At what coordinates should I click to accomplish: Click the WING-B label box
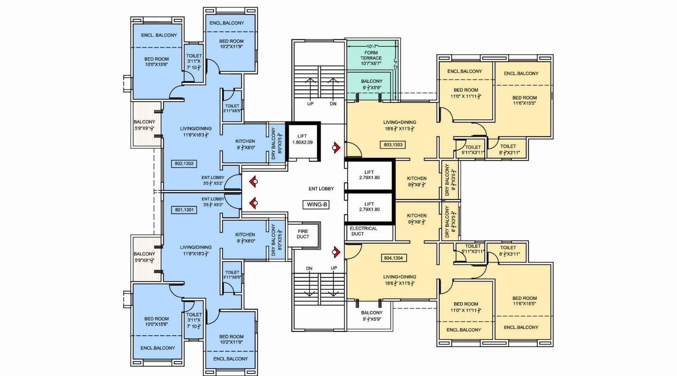click(x=317, y=204)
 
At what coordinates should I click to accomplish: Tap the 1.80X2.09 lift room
click(x=303, y=141)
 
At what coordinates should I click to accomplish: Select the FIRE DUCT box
click(x=303, y=234)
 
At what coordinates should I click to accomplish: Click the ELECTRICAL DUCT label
click(x=363, y=231)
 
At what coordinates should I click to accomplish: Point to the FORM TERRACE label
click(x=371, y=55)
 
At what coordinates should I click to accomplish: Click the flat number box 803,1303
click(x=393, y=145)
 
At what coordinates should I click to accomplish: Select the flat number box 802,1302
click(x=184, y=163)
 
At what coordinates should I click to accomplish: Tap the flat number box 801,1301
click(x=184, y=210)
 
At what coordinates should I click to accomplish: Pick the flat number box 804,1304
click(x=393, y=258)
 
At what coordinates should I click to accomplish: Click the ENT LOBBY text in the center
click(x=321, y=189)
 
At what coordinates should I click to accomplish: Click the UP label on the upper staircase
click(x=310, y=104)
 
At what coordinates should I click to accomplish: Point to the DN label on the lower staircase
click(x=309, y=269)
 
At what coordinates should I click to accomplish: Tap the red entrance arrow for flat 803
click(x=336, y=148)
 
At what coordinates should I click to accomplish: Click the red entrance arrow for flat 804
click(x=336, y=252)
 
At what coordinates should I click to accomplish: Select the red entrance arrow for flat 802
click(x=253, y=182)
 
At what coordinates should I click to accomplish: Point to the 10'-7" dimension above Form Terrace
click(x=372, y=46)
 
